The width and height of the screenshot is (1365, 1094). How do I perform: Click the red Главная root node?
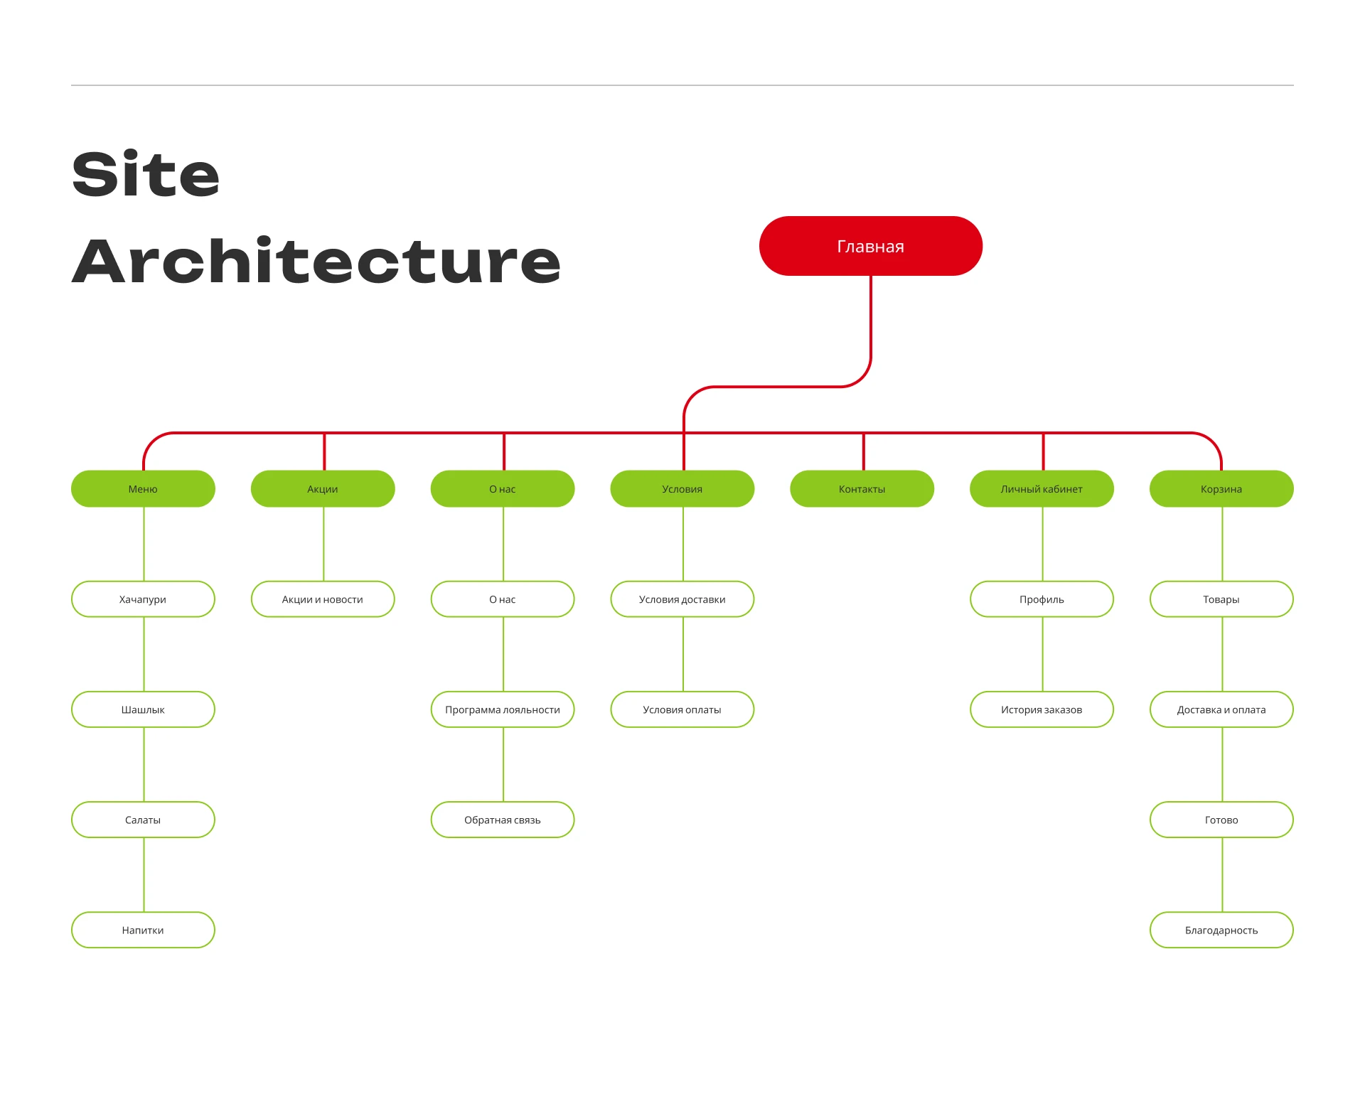870,246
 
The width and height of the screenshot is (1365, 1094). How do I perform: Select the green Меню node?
143,488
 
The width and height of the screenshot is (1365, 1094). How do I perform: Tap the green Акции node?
323,488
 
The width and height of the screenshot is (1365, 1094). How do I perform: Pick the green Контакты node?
862,488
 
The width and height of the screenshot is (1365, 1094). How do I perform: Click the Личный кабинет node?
1042,488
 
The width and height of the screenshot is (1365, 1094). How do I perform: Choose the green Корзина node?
1221,488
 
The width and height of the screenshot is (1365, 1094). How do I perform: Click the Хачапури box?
143,599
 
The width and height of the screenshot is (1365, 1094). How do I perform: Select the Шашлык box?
143,709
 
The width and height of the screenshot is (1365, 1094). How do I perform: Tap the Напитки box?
143,930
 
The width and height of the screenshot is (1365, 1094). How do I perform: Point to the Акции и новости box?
323,599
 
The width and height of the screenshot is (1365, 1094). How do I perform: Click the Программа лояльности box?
503,709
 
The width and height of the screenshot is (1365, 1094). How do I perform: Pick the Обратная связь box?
503,820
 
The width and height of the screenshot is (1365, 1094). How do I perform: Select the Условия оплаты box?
682,709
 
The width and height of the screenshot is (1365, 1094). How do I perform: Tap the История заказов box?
1042,709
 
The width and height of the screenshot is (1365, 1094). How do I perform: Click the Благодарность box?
1221,930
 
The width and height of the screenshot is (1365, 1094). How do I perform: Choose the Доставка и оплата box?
1221,709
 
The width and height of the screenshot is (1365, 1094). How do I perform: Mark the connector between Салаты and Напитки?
144,874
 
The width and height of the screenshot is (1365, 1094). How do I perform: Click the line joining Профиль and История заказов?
1043,654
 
